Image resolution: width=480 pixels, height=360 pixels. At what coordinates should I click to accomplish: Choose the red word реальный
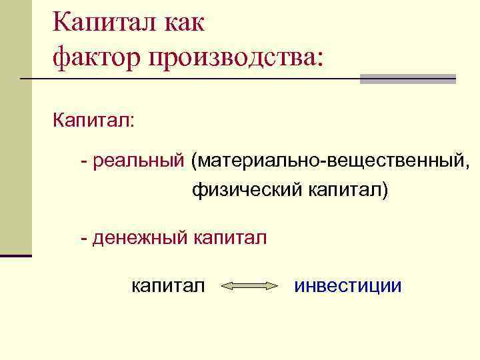[139, 161]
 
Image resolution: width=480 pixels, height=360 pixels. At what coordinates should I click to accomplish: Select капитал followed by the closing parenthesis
[347, 191]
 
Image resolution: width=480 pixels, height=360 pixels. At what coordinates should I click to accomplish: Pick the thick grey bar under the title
[408, 79]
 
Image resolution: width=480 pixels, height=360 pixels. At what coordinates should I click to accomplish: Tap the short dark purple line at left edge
[16, 255]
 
